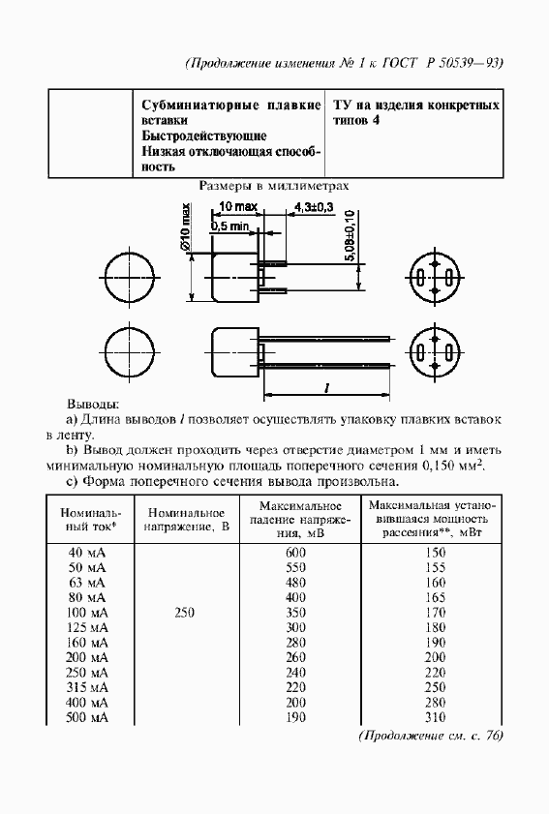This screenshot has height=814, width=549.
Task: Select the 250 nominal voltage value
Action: pos(188,612)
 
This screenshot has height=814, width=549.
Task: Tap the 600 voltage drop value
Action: pos(295,551)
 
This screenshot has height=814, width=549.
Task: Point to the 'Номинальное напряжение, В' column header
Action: pos(188,520)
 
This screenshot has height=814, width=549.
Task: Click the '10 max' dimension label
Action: pos(237,208)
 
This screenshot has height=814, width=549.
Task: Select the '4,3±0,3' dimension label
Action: pos(314,208)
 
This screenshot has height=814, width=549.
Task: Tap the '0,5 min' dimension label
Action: pos(230,226)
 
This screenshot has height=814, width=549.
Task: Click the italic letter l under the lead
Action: pos(326,387)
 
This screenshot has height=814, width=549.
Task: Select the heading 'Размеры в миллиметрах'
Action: pos(274,186)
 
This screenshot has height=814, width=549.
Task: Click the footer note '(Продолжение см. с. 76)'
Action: pos(431,737)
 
